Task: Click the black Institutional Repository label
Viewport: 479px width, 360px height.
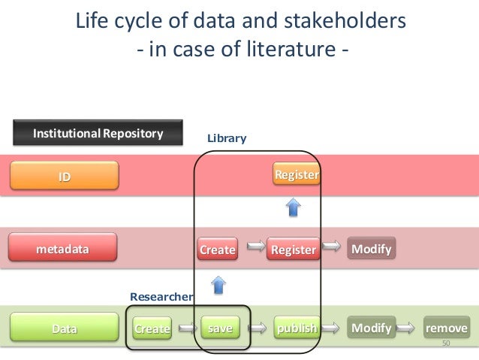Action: click(x=98, y=134)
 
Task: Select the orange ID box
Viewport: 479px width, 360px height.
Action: click(x=65, y=177)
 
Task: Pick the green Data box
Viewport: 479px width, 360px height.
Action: click(x=64, y=328)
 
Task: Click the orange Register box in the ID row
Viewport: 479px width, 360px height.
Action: click(x=297, y=175)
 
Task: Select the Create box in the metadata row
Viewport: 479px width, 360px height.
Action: click(x=217, y=250)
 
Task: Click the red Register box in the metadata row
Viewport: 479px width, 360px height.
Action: click(x=293, y=250)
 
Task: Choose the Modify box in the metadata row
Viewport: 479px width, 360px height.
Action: click(x=371, y=249)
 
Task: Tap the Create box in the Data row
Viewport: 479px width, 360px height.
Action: click(x=152, y=328)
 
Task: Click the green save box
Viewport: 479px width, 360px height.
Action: click(x=221, y=328)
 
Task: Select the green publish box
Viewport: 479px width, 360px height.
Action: click(x=297, y=328)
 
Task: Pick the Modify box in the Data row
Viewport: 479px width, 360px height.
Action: click(x=371, y=328)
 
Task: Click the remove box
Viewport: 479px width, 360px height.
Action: click(x=446, y=328)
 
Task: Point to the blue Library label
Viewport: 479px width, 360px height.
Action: click(x=227, y=139)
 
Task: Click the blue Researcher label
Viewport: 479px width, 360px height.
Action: click(x=161, y=297)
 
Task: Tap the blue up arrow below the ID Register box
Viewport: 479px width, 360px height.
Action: click(x=294, y=207)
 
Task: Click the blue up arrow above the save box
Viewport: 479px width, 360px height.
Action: click(x=218, y=284)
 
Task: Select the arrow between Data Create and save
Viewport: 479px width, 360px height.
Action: click(x=185, y=328)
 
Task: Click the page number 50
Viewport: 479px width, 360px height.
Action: click(x=445, y=343)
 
